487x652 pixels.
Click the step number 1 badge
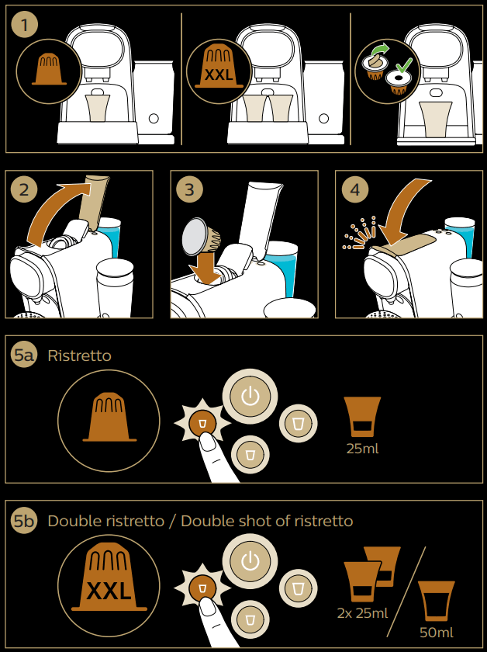pyautogui.click(x=26, y=25)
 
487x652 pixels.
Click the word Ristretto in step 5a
pyautogui.click(x=79, y=355)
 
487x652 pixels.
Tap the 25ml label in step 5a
pyautogui.click(x=362, y=448)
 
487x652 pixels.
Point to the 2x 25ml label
pyautogui.click(x=362, y=613)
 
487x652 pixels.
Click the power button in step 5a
pyautogui.click(x=249, y=397)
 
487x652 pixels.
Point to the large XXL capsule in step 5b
pyautogui.click(x=109, y=582)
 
